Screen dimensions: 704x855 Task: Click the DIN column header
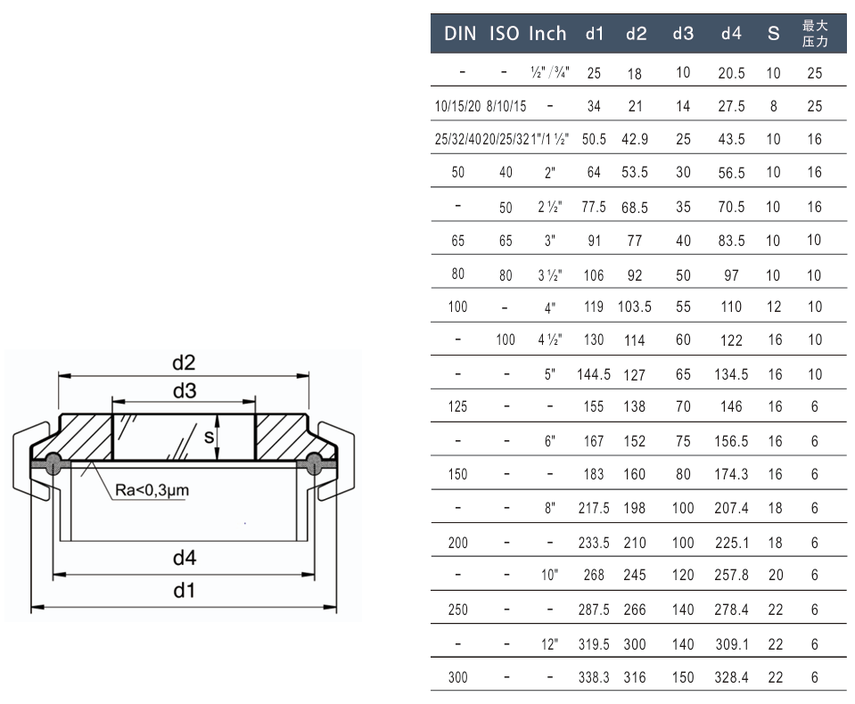460,34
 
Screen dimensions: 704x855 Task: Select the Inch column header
547,34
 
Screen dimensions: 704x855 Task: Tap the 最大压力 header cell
815,34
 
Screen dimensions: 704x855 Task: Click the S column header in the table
773,34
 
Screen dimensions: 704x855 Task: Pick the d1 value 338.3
594,677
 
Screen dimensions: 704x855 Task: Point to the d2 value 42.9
637,140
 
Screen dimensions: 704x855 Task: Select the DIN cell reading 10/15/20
457,106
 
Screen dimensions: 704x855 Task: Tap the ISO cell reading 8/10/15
506,106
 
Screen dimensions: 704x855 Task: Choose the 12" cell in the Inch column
550,643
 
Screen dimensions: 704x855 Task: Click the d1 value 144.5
594,374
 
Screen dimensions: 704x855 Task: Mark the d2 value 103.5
635,307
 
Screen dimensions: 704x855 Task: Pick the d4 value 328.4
731,677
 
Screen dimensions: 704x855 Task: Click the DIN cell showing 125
457,407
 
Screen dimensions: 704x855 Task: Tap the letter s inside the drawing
208,436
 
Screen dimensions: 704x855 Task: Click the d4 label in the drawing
184,559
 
